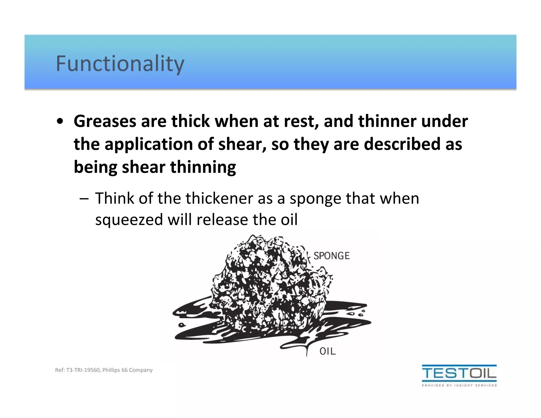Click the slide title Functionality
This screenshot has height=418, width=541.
coord(120,64)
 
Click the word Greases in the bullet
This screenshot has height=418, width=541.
coord(105,121)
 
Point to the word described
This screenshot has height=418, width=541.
coord(402,145)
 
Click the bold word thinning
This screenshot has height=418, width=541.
coord(203,168)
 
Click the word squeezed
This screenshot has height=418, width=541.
coord(129,220)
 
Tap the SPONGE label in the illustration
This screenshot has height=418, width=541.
coord(332,256)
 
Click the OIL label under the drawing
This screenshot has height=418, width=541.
coord(328,351)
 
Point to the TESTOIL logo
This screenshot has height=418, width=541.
coord(459,373)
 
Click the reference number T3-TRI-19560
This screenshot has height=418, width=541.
coord(83,370)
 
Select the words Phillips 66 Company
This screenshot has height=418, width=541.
coord(127,370)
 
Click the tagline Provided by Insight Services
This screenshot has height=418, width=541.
coord(459,386)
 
